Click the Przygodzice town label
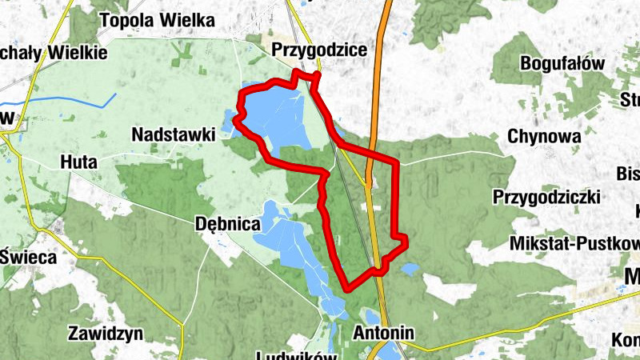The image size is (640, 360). (319, 50)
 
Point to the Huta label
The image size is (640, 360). (78, 162)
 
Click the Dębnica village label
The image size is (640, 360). (227, 225)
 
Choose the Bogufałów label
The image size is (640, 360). (562, 63)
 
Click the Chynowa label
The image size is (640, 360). (544, 137)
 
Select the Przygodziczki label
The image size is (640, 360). (546, 196)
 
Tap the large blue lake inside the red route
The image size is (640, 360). (276, 116)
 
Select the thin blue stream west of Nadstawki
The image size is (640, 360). (72, 100)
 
